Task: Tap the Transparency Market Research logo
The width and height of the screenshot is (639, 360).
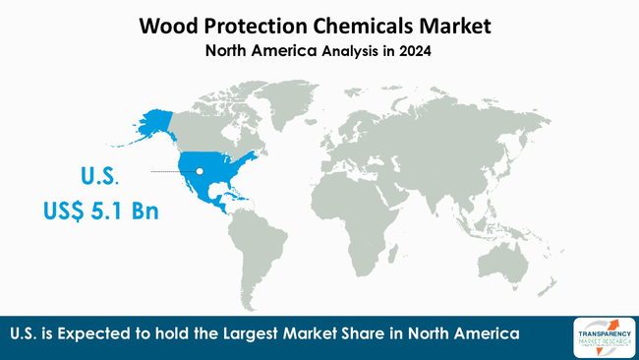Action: (x=603, y=336)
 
